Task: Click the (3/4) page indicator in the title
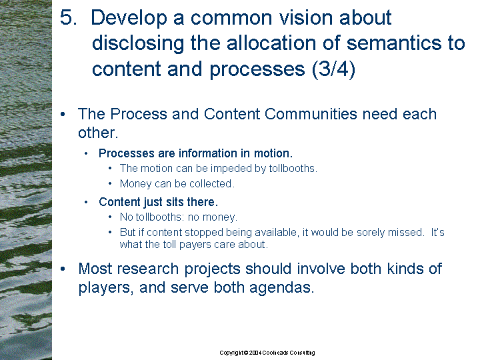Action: click(x=334, y=69)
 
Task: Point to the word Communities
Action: click(x=311, y=114)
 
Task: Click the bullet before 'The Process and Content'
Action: click(x=63, y=115)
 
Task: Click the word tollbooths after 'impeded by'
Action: click(x=293, y=169)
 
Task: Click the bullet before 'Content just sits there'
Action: click(x=86, y=202)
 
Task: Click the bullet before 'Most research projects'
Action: click(x=63, y=269)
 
